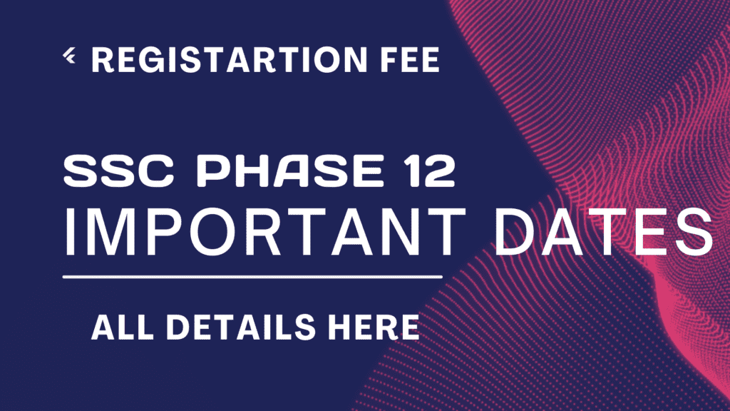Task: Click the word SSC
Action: point(119,171)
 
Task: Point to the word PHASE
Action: point(291,171)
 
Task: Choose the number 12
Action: point(429,171)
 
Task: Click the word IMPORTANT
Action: point(264,232)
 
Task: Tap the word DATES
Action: point(604,232)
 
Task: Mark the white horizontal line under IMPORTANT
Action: point(252,277)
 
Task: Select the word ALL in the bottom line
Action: point(123,327)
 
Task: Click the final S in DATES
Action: point(695,232)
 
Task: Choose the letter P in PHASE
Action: point(212,171)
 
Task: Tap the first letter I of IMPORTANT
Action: point(70,232)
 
